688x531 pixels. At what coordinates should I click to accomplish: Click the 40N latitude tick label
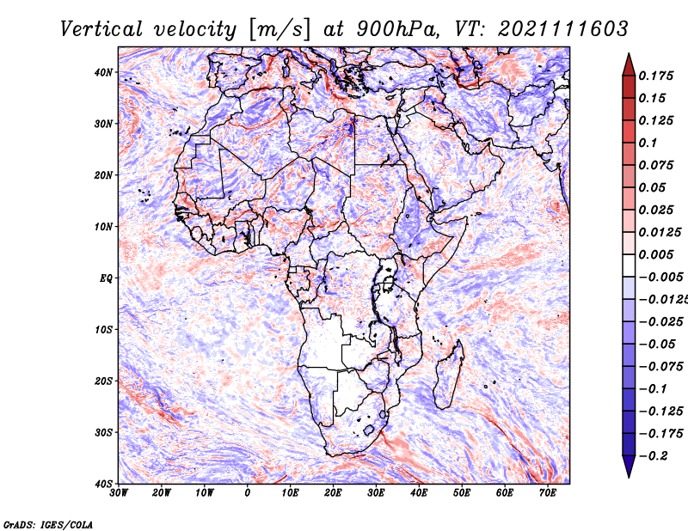[x=103, y=72]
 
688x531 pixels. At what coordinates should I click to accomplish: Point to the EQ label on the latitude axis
[x=106, y=278]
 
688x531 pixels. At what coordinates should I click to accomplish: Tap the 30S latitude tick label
[x=103, y=433]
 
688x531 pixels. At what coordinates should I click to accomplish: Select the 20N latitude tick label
[x=103, y=175]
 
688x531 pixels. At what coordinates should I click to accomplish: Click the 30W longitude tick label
[x=119, y=493]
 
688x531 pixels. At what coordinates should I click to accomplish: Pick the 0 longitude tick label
[x=248, y=493]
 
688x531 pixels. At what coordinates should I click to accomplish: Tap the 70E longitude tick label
[x=548, y=493]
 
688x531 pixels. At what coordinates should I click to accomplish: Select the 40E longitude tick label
[x=419, y=493]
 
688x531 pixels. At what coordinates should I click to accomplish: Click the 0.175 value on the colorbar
[x=656, y=76]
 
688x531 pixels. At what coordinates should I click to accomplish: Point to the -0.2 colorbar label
[x=654, y=456]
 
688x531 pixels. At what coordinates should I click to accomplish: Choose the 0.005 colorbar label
[x=656, y=254]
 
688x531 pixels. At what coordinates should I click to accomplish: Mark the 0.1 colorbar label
[x=648, y=143]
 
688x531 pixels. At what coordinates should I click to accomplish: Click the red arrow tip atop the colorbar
[x=629, y=54]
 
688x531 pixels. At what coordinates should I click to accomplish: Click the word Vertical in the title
[x=101, y=29]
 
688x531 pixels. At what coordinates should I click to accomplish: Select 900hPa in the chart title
[x=397, y=29]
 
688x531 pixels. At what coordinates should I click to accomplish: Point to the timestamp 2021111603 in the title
[x=563, y=29]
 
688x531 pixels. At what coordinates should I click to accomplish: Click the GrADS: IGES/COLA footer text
[x=48, y=525]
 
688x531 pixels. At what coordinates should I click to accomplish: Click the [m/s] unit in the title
[x=279, y=29]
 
